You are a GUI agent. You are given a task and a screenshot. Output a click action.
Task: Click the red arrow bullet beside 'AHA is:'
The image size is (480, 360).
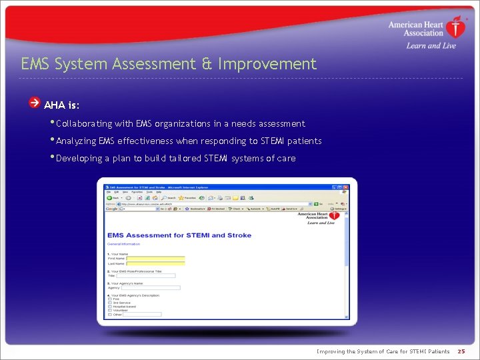click(x=35, y=103)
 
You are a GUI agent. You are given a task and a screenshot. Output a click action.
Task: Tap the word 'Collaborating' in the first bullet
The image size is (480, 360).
click(x=85, y=123)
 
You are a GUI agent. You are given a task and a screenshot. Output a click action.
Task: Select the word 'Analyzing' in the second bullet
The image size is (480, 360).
click(x=76, y=141)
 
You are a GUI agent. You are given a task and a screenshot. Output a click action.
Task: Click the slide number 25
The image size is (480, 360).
click(x=461, y=351)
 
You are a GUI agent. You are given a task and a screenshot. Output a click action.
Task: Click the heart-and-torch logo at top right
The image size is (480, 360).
click(x=455, y=27)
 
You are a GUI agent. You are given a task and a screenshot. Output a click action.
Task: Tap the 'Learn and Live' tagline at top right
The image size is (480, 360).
click(x=431, y=45)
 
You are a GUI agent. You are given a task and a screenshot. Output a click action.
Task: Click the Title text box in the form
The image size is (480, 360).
click(x=146, y=275)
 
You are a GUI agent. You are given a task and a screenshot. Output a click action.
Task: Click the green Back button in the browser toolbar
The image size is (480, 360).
click(x=110, y=197)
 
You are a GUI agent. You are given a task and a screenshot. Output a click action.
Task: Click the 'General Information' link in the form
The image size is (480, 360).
click(x=124, y=244)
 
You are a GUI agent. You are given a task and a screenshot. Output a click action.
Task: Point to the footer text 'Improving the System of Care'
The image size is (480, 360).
click(x=383, y=351)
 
